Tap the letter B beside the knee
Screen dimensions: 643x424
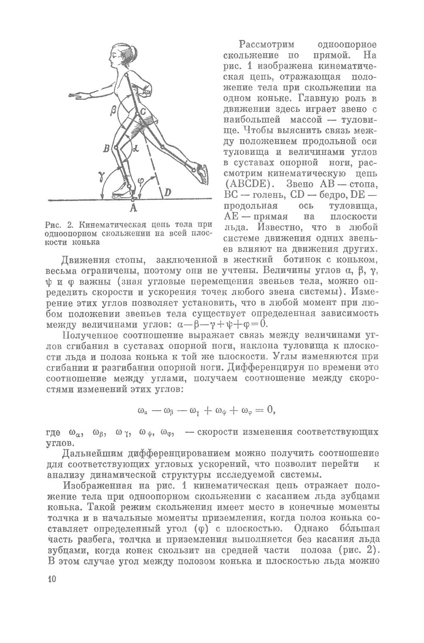(x=106, y=148)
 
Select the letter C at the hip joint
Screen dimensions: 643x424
(x=143, y=112)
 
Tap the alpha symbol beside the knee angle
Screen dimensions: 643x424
(x=135, y=148)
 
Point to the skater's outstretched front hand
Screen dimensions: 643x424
(x=77, y=96)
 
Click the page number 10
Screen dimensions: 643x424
(x=52, y=580)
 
